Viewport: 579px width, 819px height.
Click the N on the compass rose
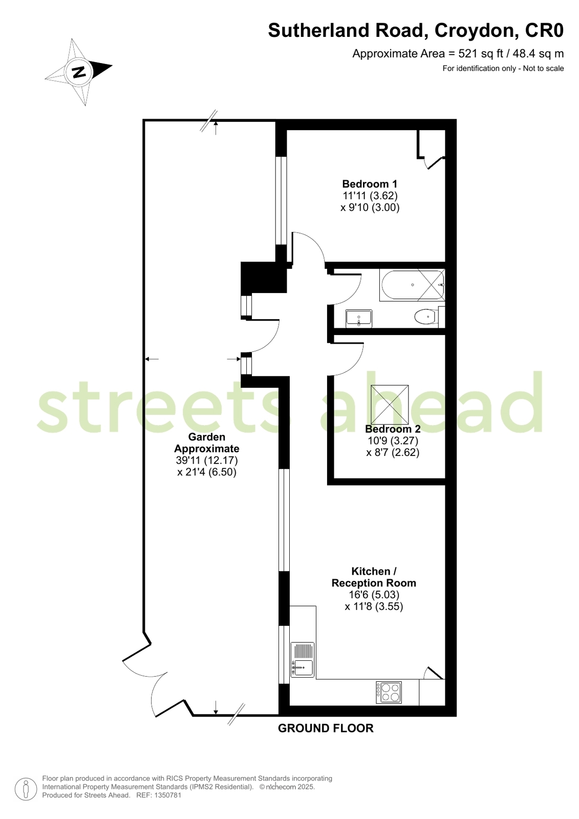[x=79, y=72]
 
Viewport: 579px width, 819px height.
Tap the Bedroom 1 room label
[x=370, y=183]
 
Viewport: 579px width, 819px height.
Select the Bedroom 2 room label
[x=393, y=429]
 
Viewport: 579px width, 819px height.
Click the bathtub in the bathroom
[x=412, y=285]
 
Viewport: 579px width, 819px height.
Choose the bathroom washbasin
[x=358, y=319]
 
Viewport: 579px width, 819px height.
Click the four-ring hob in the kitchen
[x=389, y=692]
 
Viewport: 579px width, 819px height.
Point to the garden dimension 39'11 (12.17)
[x=207, y=460]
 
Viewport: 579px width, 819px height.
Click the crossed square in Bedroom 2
[x=390, y=404]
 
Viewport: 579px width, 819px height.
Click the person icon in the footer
[x=26, y=789]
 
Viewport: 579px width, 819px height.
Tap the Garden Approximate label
[x=207, y=443]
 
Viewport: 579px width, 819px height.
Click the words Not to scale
[x=543, y=68]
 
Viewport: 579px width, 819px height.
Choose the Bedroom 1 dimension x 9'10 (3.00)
[x=370, y=207]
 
